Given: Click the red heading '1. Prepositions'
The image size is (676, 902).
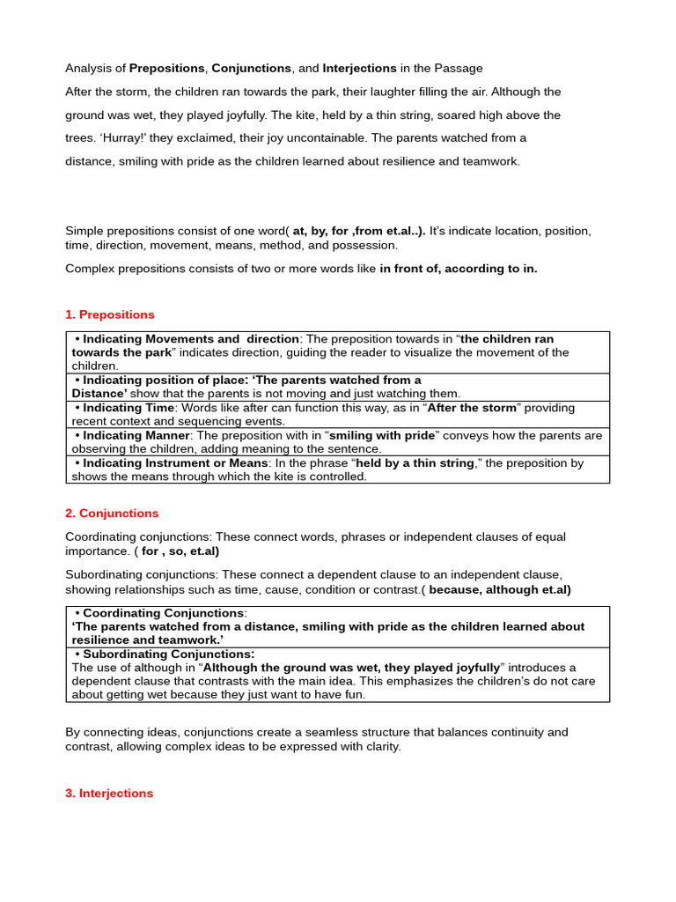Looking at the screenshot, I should tap(110, 314).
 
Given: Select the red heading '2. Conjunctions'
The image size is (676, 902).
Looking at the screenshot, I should tap(112, 514).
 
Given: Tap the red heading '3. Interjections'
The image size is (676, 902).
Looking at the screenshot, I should tap(109, 794).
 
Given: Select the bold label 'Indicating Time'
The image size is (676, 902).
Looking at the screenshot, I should tap(128, 408).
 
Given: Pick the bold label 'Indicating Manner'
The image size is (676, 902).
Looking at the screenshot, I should tap(136, 435).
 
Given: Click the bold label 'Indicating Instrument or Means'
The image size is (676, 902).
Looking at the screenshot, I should tap(175, 462).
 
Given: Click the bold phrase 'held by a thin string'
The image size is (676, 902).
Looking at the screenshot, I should tap(414, 462).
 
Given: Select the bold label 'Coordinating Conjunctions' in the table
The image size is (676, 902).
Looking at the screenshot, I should tap(163, 613).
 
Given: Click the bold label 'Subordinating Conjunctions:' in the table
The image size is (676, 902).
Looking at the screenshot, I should tap(168, 654).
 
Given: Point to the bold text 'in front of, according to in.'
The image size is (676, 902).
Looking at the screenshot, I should tap(459, 269).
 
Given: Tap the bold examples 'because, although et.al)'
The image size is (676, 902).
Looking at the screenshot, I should tap(500, 590).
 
